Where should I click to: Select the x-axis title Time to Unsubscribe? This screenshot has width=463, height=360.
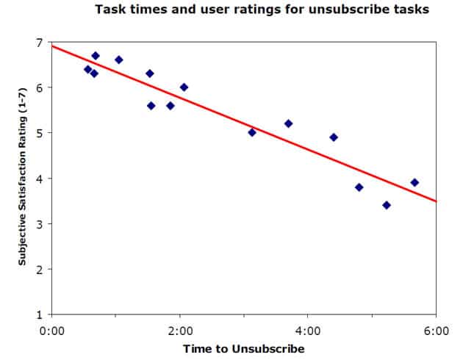pos(244,348)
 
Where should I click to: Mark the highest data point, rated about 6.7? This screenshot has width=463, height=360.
pos(96,56)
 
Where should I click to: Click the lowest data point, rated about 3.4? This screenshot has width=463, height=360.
pos(387,205)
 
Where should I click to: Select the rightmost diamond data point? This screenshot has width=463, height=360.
pos(414,182)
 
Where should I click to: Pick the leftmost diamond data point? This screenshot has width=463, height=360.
pos(88,69)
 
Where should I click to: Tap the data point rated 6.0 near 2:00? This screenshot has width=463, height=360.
pos(184,87)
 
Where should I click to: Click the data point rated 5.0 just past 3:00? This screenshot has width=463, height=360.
pos(252,132)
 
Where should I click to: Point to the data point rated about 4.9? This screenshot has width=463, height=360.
pos(334,137)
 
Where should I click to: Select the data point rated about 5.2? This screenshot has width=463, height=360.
pos(288,123)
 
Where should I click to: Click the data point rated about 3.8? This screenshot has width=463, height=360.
pos(359,187)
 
